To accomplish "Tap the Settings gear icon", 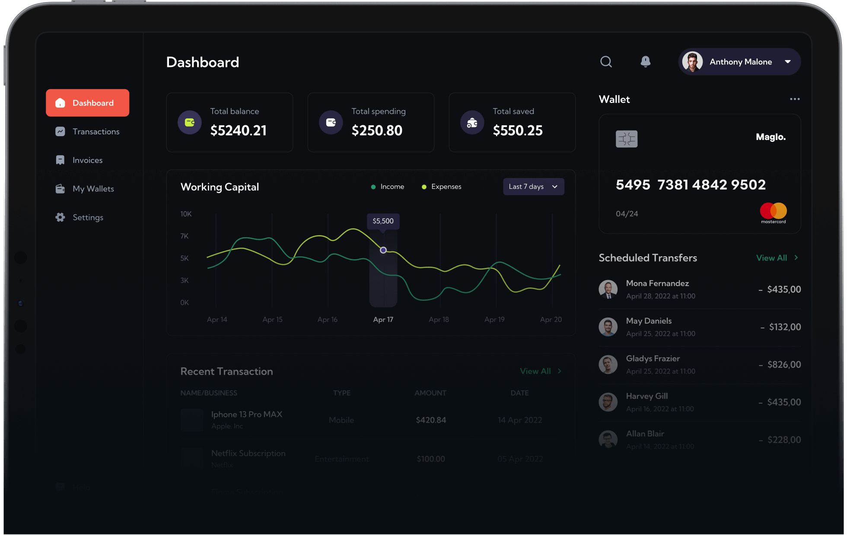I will [x=60, y=217].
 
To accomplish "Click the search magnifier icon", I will [x=606, y=62].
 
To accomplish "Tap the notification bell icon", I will [x=645, y=62].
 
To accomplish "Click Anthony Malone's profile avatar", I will [x=692, y=62].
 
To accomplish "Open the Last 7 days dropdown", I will [x=533, y=187].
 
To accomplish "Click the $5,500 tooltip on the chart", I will [x=383, y=221].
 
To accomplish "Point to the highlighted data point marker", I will [x=383, y=250].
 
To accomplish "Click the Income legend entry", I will [x=388, y=187].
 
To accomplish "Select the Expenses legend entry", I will [x=442, y=187].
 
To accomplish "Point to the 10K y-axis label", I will [x=186, y=214].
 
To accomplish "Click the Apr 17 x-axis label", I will [x=383, y=319].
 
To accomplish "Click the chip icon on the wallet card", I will [x=627, y=139].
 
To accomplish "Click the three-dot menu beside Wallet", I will [x=794, y=99].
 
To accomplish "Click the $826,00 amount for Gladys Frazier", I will [x=784, y=365].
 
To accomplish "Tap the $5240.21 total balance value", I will [x=239, y=131].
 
